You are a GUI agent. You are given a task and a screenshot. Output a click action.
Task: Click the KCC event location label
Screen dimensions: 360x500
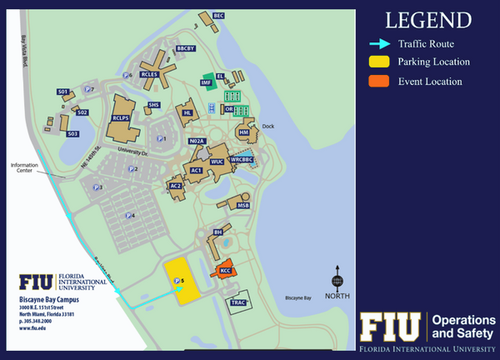click(x=225, y=271)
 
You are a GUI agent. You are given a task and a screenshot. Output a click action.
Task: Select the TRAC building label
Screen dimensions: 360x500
click(x=237, y=302)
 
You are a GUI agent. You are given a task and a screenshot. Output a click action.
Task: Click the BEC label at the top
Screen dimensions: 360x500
click(x=218, y=15)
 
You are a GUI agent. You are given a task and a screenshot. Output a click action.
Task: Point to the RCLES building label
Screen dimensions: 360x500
click(x=150, y=74)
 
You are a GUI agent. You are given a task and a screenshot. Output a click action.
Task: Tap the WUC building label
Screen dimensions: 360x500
click(x=217, y=161)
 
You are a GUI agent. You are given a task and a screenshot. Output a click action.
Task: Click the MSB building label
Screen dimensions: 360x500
click(x=242, y=204)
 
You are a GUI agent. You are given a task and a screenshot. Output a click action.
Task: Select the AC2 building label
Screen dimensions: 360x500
click(x=176, y=186)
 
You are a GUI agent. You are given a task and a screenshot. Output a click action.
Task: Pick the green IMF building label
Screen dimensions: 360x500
click(x=204, y=82)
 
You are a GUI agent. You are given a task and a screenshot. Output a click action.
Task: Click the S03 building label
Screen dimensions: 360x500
click(x=72, y=133)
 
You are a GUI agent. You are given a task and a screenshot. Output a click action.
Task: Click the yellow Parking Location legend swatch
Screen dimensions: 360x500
click(x=378, y=62)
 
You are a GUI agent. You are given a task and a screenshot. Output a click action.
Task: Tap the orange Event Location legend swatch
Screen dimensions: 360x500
click(x=378, y=81)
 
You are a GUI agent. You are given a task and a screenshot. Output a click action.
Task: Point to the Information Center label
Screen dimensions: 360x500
click(x=25, y=167)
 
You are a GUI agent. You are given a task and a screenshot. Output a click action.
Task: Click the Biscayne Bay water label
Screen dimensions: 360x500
click(x=297, y=297)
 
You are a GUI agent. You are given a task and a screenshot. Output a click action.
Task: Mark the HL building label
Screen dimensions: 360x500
click(x=187, y=112)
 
